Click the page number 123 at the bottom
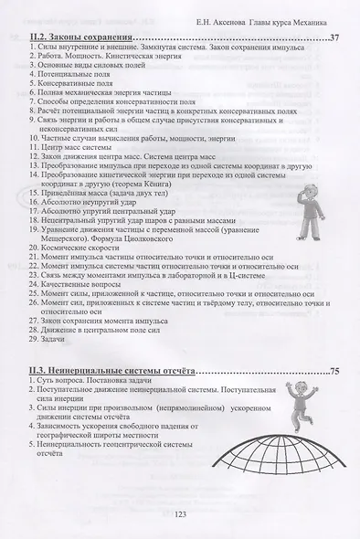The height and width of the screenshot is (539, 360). [x=180, y=516]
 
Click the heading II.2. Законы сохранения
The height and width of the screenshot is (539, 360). [x=77, y=37]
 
